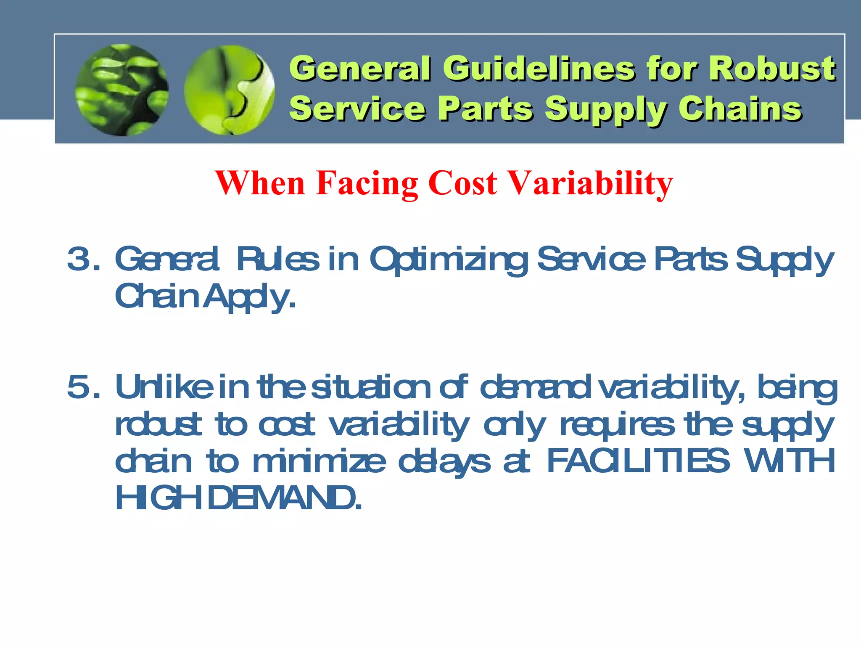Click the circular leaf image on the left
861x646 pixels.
pyautogui.click(x=122, y=90)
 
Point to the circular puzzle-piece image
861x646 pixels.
pyautogui.click(x=230, y=90)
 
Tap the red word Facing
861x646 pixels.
pyautogui.click(x=367, y=183)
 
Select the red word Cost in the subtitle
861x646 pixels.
pyautogui.click(x=462, y=183)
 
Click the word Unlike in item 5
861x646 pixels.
pyautogui.click(x=164, y=387)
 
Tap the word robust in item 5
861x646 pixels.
pyautogui.click(x=158, y=425)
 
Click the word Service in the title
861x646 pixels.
pyautogui.click(x=357, y=109)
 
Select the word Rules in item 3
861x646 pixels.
pyautogui.click(x=277, y=259)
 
